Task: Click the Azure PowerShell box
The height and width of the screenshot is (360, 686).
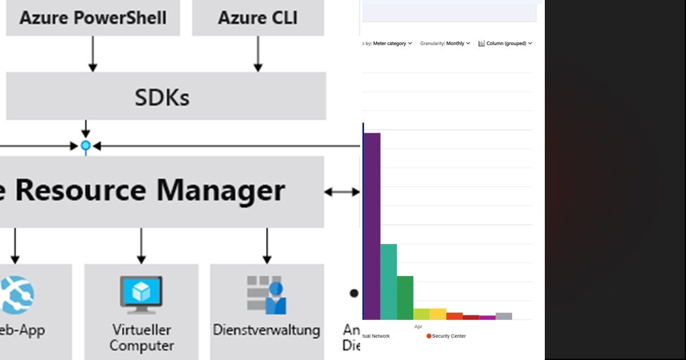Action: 93,17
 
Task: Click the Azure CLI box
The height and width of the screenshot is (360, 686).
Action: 257,17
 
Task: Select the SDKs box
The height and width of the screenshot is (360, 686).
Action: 165,97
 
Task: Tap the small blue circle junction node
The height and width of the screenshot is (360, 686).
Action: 86,146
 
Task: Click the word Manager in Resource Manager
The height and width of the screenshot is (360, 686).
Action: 221,190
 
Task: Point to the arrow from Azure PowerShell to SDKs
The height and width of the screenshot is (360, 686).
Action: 93,54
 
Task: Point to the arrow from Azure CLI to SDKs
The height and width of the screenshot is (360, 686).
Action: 258,54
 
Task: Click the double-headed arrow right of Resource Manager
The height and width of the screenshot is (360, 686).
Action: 342,192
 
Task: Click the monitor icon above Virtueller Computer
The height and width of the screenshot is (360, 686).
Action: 141,294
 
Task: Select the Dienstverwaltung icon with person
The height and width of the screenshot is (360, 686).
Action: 266,294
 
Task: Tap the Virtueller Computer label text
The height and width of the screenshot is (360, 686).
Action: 141,338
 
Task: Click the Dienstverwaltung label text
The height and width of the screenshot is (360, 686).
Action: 266,330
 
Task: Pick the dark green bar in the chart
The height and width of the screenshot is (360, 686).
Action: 405,298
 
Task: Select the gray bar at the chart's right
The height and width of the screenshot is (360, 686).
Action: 504,316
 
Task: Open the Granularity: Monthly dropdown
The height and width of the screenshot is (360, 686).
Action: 445,43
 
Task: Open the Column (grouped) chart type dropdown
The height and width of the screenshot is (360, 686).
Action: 505,43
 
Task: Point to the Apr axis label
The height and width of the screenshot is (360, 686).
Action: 418,327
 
